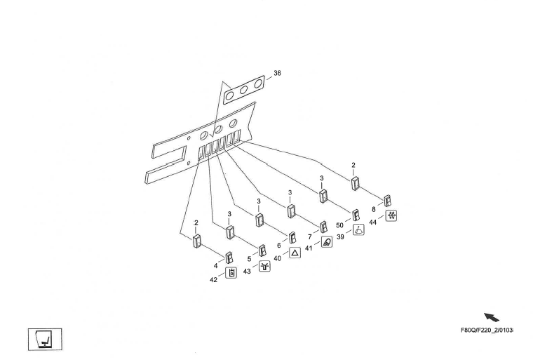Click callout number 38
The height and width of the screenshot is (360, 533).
pos(278,73)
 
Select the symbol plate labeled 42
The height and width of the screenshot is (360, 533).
pos(232,274)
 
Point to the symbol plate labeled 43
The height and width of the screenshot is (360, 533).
pos(264,266)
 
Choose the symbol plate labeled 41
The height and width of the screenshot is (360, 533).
pos(327,242)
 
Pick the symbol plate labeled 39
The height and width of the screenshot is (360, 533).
pos(358,230)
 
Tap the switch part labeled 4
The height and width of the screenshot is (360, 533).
pos(229,257)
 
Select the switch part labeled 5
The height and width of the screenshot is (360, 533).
pos(262,249)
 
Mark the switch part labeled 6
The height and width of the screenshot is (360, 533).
pos(292,237)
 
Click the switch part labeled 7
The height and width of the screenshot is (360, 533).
pos(323,227)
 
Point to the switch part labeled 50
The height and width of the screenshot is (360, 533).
pos(356,214)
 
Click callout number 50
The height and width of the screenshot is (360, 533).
pos(340,225)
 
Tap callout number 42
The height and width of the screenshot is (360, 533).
pos(214,280)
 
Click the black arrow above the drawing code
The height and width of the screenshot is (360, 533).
pos(492,318)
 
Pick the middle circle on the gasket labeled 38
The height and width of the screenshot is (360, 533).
pos(245,89)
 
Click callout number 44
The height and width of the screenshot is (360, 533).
pos(373,221)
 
